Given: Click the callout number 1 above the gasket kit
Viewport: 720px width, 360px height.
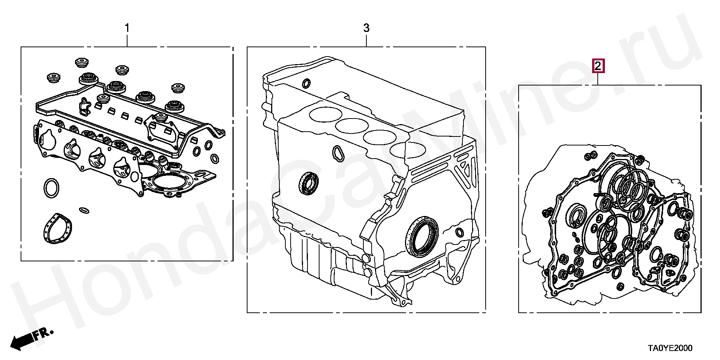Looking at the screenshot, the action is click(127, 28).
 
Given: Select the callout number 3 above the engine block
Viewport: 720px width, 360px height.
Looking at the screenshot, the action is click(366, 28).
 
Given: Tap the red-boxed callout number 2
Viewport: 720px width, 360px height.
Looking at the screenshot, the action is click(598, 66).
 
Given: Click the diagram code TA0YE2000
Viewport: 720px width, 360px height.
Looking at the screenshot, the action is click(670, 348).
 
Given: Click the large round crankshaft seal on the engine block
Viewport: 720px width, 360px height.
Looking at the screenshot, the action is click(423, 236).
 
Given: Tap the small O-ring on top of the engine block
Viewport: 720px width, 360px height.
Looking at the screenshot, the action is click(306, 83).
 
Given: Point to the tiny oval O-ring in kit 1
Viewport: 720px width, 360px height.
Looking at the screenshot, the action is click(84, 210).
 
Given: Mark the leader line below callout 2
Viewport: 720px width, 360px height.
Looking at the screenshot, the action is click(598, 79).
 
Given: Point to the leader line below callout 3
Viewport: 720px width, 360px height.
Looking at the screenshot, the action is click(366, 40).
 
